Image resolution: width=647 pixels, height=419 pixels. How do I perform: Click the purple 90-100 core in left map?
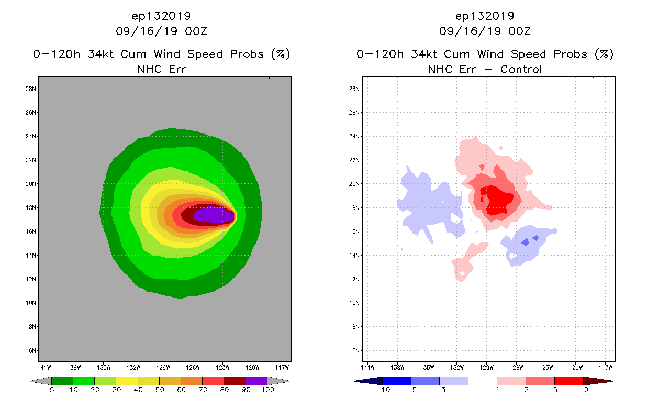pyautogui.click(x=212, y=215)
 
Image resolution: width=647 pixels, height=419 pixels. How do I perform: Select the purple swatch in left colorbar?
pyautogui.click(x=256, y=381)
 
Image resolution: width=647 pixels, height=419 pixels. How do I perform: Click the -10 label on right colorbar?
pyautogui.click(x=382, y=390)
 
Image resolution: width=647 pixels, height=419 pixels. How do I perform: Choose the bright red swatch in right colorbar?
pyautogui.click(x=568, y=381)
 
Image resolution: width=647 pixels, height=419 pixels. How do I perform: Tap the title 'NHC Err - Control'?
pyautogui.click(x=485, y=69)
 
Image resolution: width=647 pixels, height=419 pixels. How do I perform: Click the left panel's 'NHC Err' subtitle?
pyautogui.click(x=161, y=69)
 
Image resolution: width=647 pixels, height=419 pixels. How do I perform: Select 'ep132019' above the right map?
pyautogui.click(x=485, y=16)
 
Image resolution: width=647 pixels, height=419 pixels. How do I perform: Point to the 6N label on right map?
pyautogui.click(x=355, y=350)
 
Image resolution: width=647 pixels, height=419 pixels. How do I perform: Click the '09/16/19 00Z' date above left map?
pyautogui.click(x=161, y=31)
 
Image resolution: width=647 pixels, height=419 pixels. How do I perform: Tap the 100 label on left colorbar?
pyautogui.click(x=267, y=390)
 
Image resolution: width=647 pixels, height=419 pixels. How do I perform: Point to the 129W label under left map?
pyautogui.click(x=163, y=367)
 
